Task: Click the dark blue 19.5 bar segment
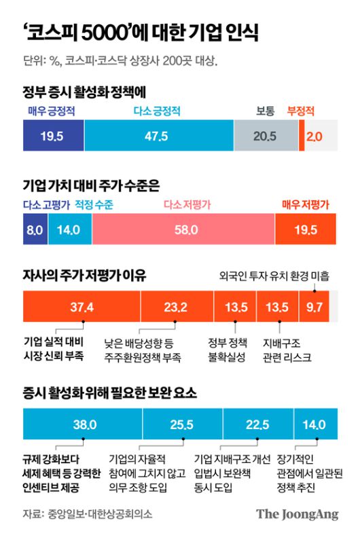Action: click(53, 136)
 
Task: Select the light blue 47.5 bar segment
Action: click(158, 136)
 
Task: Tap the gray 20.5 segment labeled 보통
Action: click(265, 136)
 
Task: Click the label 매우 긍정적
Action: click(50, 111)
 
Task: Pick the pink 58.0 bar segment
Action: click(183, 230)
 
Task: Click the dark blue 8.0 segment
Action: click(35, 230)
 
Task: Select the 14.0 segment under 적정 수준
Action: click(69, 230)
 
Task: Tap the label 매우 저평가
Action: click(306, 204)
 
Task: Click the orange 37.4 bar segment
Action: click(82, 306)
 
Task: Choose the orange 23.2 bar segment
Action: click(176, 306)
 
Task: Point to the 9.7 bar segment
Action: click(314, 306)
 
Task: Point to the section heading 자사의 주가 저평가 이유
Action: click(84, 276)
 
